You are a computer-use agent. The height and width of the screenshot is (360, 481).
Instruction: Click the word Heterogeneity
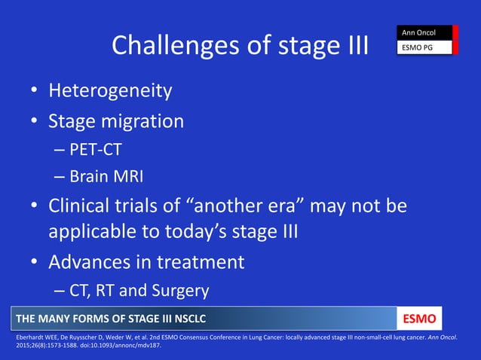coord(110,92)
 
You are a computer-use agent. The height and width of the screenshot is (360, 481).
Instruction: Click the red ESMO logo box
coord(420,317)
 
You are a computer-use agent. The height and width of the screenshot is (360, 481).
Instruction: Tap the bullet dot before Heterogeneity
coord(35,93)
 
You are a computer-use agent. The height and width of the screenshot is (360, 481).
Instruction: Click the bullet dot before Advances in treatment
coord(35,263)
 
